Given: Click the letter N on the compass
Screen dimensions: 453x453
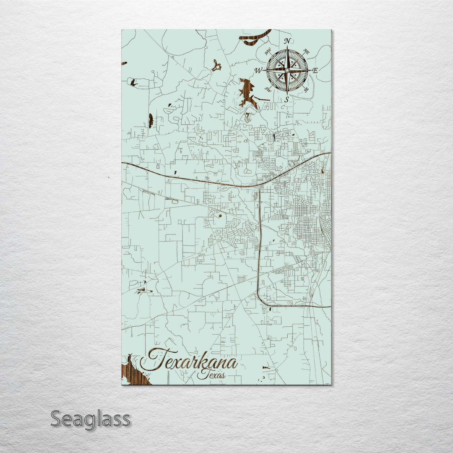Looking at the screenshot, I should (x=287, y=41).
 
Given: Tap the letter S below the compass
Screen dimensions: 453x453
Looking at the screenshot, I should (x=287, y=99).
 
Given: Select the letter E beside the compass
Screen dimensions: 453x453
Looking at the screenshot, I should (x=315, y=70).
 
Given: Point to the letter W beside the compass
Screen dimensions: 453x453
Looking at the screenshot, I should (x=259, y=70).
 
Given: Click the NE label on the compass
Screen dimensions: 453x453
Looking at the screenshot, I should (x=306, y=52).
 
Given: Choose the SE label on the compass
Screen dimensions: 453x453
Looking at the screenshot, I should (x=306, y=89).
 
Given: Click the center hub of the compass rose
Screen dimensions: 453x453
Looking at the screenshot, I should (x=287, y=70).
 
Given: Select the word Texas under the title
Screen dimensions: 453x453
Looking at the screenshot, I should (x=212, y=375).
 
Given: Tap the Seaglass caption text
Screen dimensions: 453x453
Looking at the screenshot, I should (x=90, y=419).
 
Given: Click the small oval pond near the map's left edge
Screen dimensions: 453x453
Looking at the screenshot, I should (x=151, y=121).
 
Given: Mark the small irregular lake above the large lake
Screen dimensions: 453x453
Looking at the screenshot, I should (x=216, y=66).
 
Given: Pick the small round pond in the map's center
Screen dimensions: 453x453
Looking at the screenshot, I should (x=220, y=216).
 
